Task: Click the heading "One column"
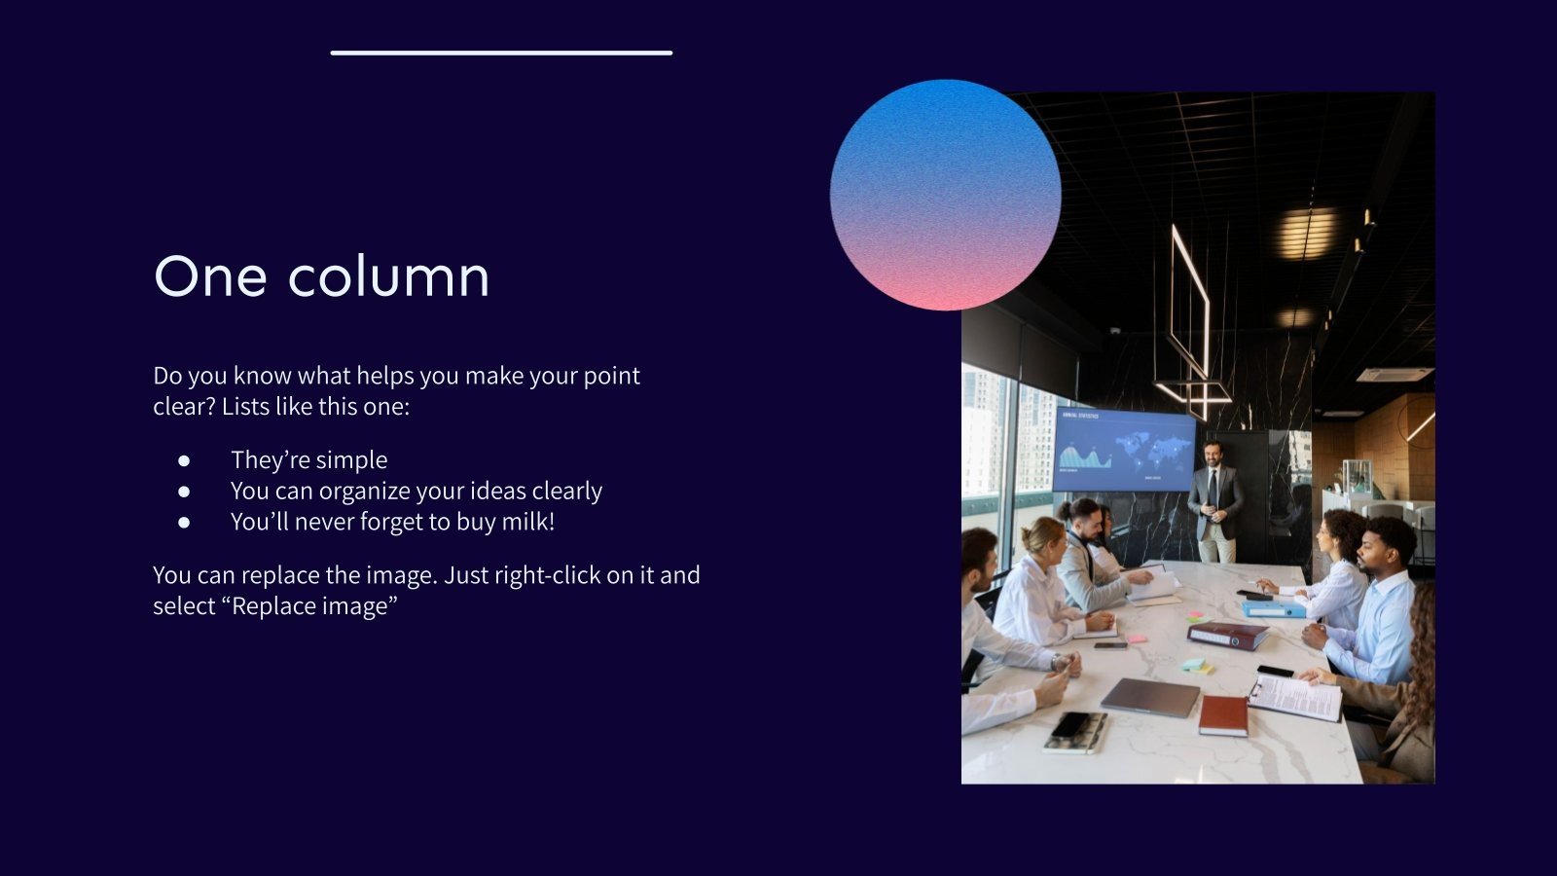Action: [x=321, y=276]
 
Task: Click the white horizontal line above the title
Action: [x=501, y=53]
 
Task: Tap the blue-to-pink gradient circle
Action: [x=945, y=195]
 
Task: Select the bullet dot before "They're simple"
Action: [x=184, y=460]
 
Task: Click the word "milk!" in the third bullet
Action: [x=528, y=522]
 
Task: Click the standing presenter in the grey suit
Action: [x=1214, y=500]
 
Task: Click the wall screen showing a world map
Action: [x=1123, y=451]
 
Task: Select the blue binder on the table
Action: [x=1273, y=609]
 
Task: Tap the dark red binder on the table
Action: [x=1227, y=635]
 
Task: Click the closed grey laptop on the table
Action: [x=1150, y=697]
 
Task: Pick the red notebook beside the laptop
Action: [x=1223, y=715]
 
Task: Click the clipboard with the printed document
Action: [x=1295, y=697]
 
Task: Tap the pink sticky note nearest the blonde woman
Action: [x=1135, y=639]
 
